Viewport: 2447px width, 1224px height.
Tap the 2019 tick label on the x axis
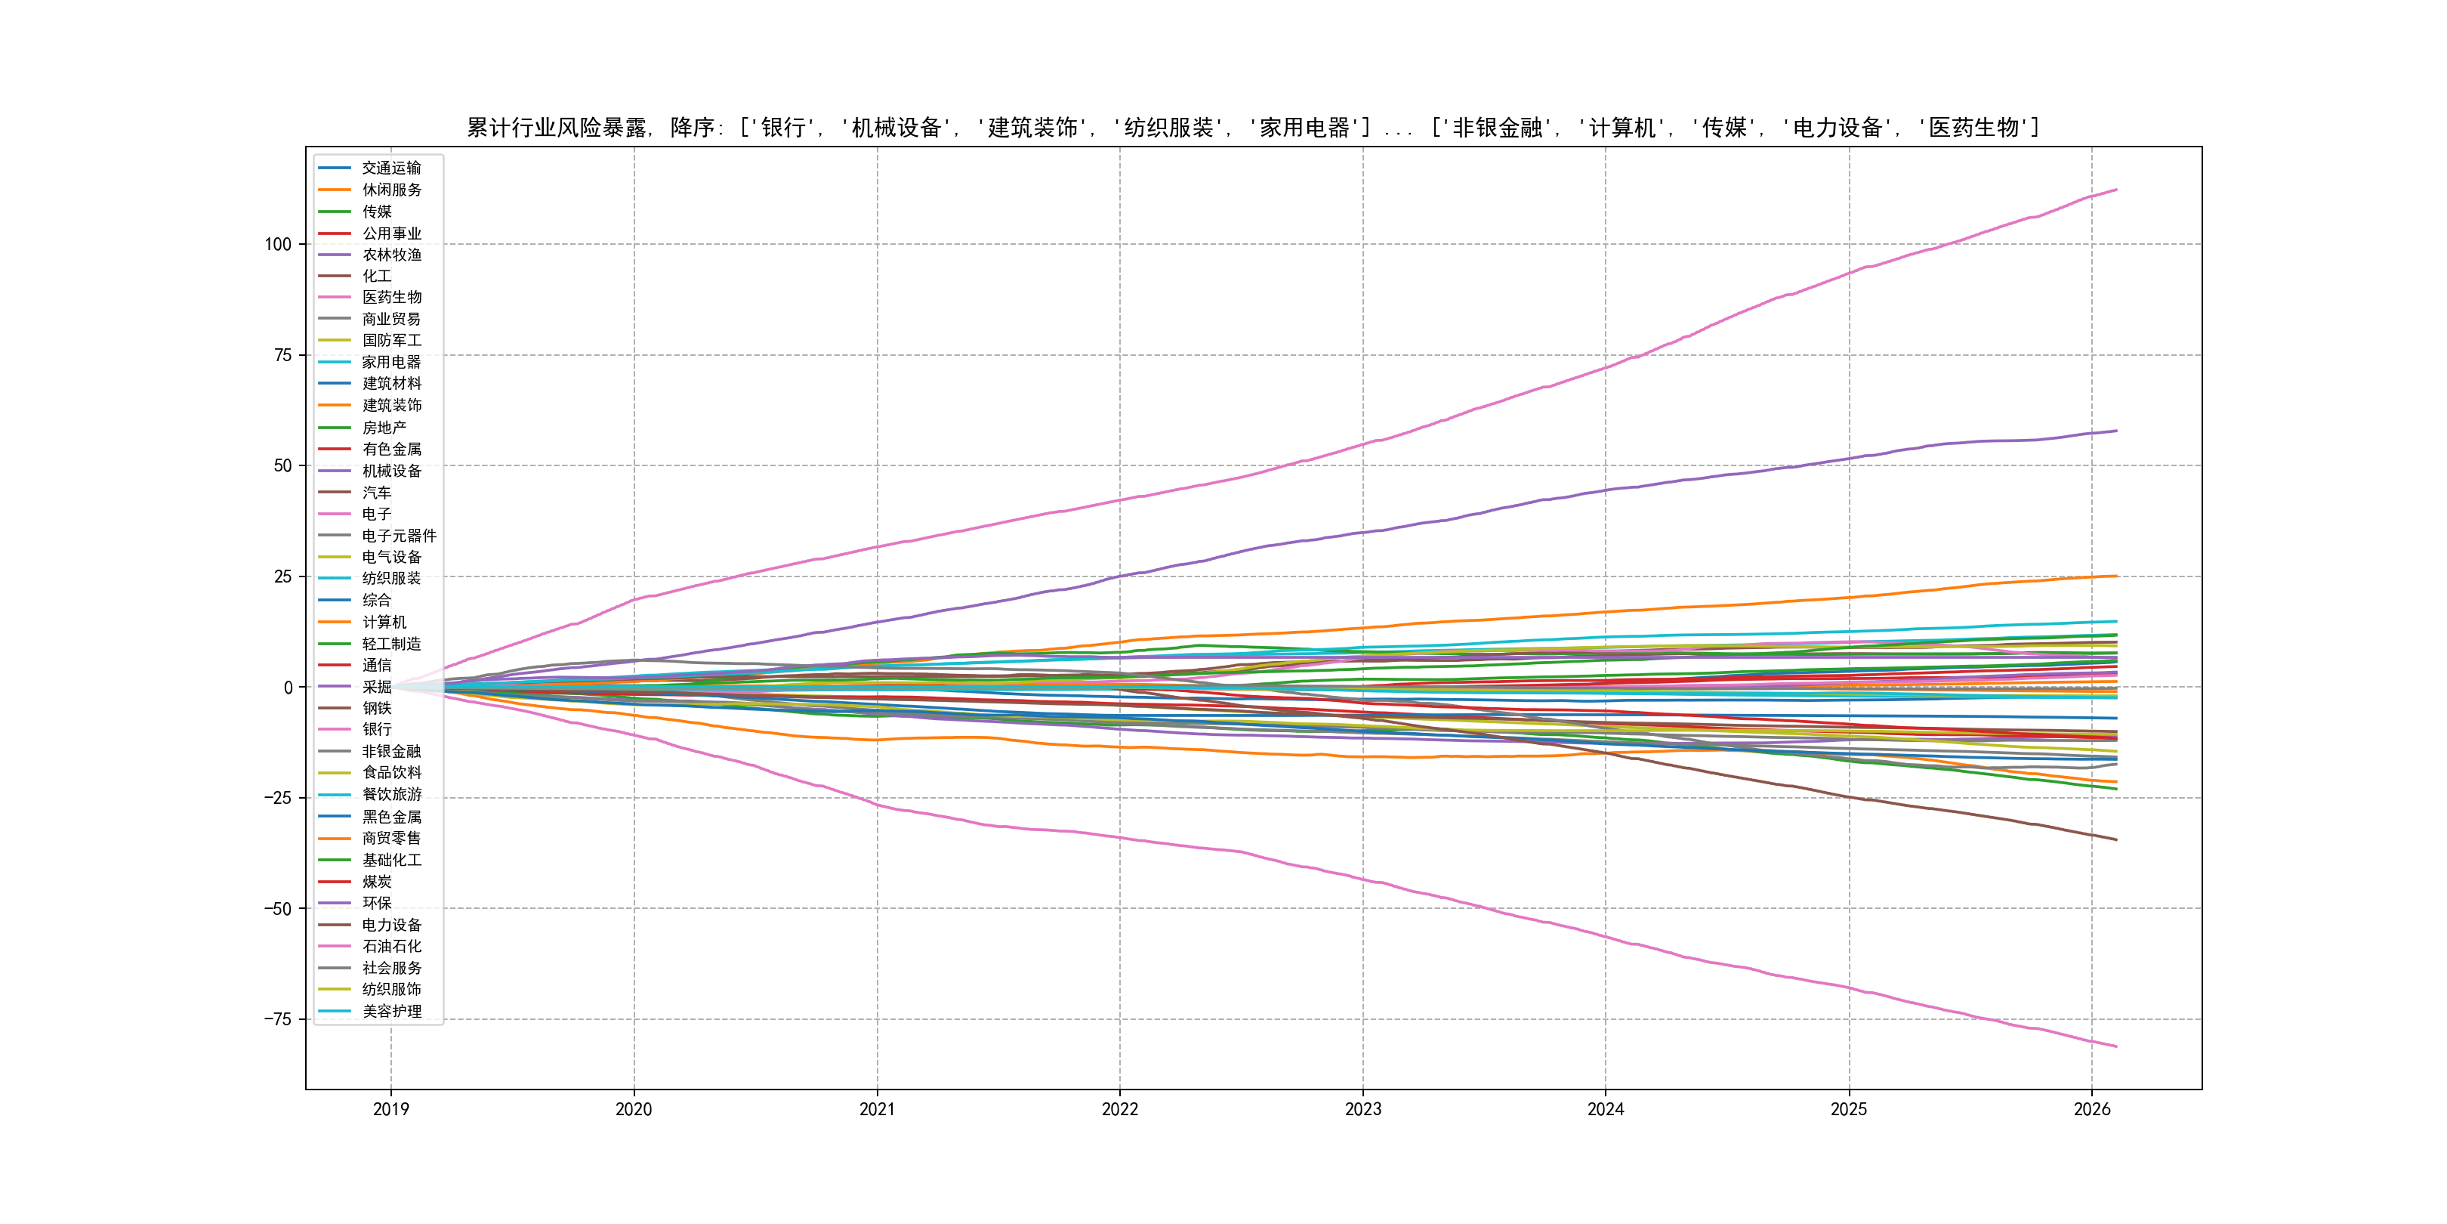coord(390,1109)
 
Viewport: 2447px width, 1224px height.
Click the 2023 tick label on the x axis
coord(1362,1109)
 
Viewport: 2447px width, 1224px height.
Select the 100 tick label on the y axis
coord(277,244)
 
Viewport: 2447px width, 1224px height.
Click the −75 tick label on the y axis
coord(277,1018)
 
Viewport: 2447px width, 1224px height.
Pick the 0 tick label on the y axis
coord(288,687)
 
